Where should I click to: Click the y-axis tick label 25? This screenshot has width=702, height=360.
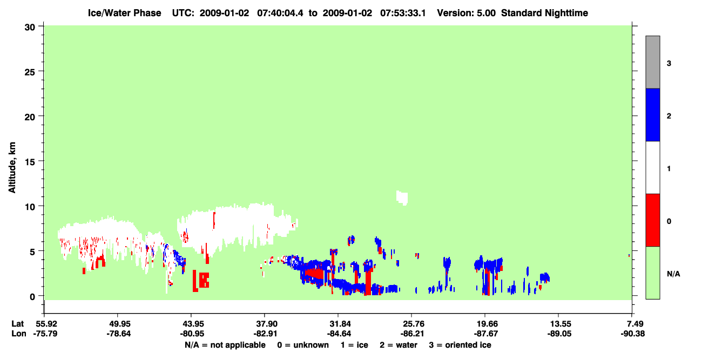[30, 72]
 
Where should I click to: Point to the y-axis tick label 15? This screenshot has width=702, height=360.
[30, 162]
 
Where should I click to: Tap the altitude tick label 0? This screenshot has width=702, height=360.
[32, 297]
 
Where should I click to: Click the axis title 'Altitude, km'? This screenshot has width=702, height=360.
[12, 168]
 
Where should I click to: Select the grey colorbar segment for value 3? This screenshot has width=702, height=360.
[652, 62]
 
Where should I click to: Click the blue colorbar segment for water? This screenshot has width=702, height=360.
[652, 114]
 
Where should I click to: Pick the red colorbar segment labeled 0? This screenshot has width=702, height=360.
[652, 220]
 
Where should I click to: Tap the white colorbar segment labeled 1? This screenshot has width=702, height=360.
[652, 167]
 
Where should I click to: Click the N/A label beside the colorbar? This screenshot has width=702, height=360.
[673, 274]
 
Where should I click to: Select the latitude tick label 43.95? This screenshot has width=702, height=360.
[191, 324]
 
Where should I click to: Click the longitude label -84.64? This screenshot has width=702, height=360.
[338, 334]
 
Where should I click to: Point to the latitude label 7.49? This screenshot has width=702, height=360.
[632, 324]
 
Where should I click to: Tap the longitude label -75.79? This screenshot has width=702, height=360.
[45, 334]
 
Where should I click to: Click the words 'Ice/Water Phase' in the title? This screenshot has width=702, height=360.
[124, 13]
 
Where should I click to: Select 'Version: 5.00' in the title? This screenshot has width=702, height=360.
[467, 13]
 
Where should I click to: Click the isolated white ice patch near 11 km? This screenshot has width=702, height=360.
[402, 198]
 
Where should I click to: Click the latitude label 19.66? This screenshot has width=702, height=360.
[485, 324]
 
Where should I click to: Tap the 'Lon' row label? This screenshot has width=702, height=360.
[19, 334]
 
